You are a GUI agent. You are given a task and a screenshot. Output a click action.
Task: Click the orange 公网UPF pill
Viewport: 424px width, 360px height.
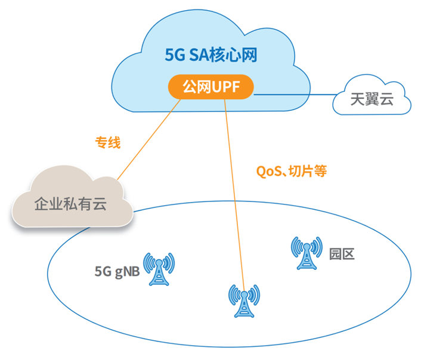click(x=210, y=87)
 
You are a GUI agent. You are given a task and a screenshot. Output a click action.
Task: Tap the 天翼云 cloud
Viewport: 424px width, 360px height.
click(x=372, y=99)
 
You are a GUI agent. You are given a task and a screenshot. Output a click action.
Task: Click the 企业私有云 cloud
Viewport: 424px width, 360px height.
click(x=70, y=203)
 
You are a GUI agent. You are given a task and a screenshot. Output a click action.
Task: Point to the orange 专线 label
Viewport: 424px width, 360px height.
click(x=108, y=142)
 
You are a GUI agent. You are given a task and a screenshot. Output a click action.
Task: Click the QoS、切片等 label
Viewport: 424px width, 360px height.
click(x=291, y=171)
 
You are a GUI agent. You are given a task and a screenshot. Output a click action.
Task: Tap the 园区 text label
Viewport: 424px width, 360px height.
click(x=342, y=253)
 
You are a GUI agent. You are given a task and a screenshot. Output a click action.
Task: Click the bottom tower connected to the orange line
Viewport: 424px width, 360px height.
click(x=244, y=301)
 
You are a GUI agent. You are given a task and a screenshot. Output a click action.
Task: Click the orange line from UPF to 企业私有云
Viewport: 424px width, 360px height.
click(x=149, y=139)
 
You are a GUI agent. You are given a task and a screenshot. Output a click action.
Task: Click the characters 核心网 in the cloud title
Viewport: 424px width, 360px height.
click(x=242, y=55)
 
